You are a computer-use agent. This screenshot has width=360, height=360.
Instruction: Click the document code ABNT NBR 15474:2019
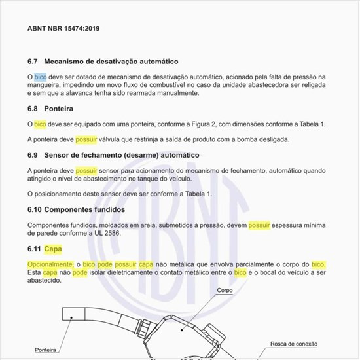pyautogui.click(x=63, y=29)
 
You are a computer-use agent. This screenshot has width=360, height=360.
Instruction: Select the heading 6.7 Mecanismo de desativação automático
pyautogui.click(x=103, y=62)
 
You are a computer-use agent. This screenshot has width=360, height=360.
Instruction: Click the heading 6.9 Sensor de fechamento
pyautogui.click(x=113, y=155)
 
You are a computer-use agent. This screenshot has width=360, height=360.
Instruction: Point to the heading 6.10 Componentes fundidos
pyautogui.click(x=77, y=209)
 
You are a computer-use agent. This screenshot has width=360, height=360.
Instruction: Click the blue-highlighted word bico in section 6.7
pyautogui.click(x=41, y=77)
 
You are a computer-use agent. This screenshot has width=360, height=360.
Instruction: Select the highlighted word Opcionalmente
pyautogui.click(x=50, y=264)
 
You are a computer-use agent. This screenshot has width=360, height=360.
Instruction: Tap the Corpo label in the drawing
pyautogui.click(x=225, y=289)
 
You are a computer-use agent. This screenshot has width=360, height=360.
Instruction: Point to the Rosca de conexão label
pyautogui.click(x=294, y=343)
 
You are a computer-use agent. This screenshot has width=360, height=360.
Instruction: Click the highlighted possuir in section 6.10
pyautogui.click(x=259, y=225)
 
